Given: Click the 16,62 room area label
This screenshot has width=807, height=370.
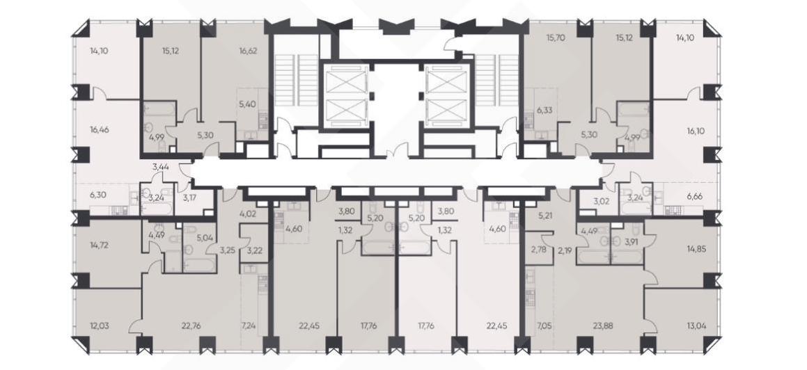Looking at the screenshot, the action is coord(249,51).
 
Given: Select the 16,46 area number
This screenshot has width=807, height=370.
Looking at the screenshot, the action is coord(100,130).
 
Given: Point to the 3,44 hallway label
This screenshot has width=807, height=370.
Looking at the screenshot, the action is coord(161,166).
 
